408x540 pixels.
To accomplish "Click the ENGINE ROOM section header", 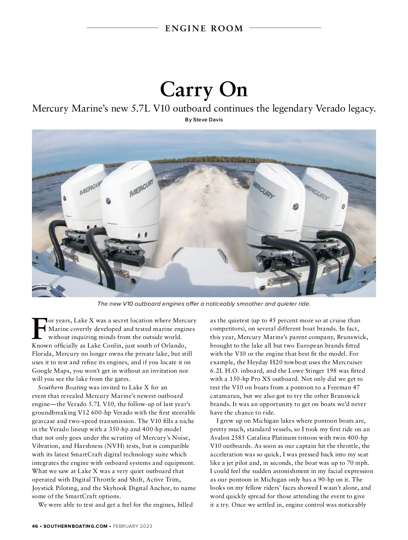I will [204, 29].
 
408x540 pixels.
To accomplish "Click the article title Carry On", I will [204, 89].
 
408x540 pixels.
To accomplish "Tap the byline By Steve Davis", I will [204, 120].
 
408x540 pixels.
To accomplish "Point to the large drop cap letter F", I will [39, 328].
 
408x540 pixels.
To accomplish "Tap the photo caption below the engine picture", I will [204, 304].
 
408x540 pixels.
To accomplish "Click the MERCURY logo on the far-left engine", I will [90, 187].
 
